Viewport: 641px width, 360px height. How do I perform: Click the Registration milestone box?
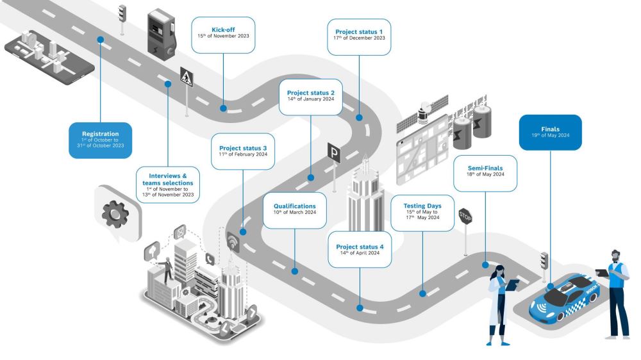point(100,140)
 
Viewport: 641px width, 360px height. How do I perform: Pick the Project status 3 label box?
point(243,151)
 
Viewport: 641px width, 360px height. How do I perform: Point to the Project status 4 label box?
point(360,249)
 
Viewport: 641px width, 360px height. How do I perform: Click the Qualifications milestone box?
point(295,211)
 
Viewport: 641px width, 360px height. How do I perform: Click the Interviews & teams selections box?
point(167,184)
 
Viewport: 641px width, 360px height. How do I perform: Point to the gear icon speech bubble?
point(115,214)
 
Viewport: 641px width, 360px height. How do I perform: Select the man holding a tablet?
point(617,291)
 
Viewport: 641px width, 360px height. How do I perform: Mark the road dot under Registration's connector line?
point(101,40)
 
